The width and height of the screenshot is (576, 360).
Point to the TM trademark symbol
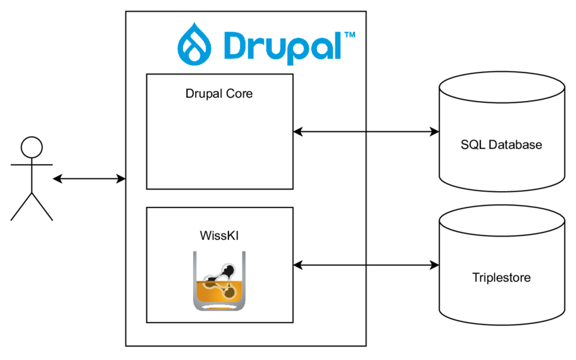tap(349, 34)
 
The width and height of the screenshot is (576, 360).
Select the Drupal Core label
tap(219, 94)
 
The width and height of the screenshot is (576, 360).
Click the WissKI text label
tap(220, 235)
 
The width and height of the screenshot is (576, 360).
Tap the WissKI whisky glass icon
tap(220, 281)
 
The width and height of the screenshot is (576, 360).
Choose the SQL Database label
tap(501, 144)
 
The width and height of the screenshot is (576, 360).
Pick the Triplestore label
tap(501, 277)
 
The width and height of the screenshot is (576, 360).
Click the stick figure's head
tap(31, 147)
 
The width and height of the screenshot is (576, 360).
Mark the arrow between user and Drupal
tap(89, 179)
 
